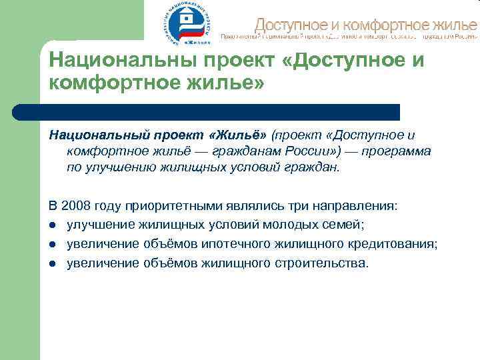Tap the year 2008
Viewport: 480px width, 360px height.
click(77, 206)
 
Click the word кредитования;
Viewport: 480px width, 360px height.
click(394, 244)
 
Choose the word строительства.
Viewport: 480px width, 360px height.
click(321, 263)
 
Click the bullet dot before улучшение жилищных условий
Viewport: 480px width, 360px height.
click(52, 225)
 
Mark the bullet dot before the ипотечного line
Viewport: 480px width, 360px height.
click(52, 245)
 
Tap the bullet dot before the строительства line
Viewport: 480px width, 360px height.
click(52, 263)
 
